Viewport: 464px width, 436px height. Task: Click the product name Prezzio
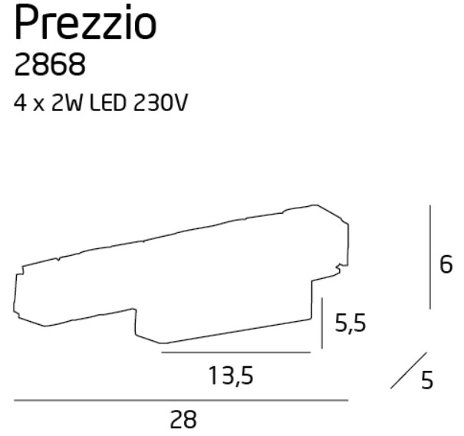(x=85, y=26)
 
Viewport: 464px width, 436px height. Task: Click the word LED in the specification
(x=109, y=103)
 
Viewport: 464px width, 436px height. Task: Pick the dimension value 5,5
(x=350, y=324)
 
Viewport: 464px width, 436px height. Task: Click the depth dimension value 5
(x=428, y=380)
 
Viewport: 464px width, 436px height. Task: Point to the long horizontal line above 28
(x=181, y=400)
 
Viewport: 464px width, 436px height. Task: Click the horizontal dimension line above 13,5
(x=235, y=352)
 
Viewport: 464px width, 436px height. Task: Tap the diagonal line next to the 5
(x=407, y=369)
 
